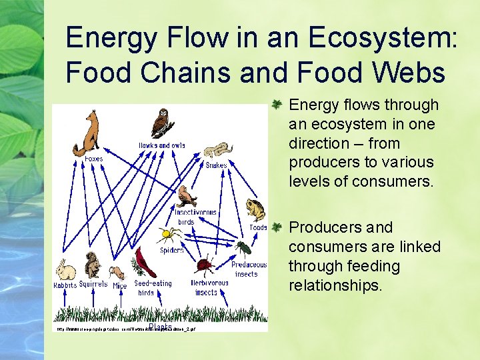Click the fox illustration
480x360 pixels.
pos(87,133)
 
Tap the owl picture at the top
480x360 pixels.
pos(162,123)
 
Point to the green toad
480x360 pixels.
pos(256,209)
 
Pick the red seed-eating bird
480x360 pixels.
pos(146,263)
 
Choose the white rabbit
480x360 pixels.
pos(66,270)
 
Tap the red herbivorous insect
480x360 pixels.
pos(205,265)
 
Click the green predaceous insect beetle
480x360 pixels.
pos(243,249)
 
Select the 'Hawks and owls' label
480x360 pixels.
pos(161,145)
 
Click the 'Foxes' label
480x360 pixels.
pos(93,159)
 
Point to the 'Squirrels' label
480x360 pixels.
pos(93,285)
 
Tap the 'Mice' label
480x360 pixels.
pos(119,285)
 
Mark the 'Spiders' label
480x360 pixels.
pos(171,251)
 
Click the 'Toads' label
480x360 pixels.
pos(258,227)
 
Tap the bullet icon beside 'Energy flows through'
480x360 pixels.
pos(279,105)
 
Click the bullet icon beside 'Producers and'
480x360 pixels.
pos(279,227)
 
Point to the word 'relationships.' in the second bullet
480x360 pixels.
pos(335,285)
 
